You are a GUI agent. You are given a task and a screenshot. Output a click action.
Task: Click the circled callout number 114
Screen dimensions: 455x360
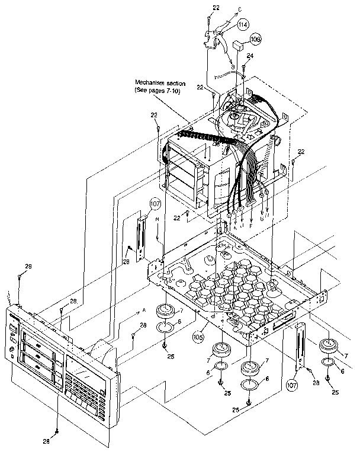pyautogui.click(x=243, y=25)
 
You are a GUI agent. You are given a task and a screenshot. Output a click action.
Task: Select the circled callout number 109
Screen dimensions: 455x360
pyautogui.click(x=255, y=40)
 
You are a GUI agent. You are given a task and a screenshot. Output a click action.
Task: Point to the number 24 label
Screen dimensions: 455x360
pyautogui.click(x=250, y=56)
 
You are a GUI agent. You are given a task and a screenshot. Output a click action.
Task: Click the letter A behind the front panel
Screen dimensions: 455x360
pyautogui.click(x=144, y=310)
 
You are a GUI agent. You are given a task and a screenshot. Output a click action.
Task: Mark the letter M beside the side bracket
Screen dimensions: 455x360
pyautogui.click(x=157, y=219)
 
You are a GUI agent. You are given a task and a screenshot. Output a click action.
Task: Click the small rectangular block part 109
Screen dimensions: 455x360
pyautogui.click(x=238, y=44)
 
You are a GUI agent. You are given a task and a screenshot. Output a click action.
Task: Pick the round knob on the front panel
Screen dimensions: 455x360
pyautogui.click(x=12, y=355)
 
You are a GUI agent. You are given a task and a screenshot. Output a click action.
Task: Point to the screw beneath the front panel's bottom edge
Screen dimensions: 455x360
pyautogui.click(x=56, y=431)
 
